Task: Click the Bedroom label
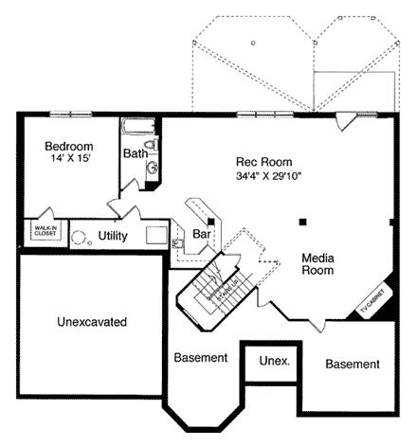69,146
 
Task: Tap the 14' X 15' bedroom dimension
69,160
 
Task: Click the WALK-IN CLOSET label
44,231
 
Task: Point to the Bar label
201,233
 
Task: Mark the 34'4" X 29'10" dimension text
269,176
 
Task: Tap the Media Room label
318,263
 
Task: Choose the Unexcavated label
92,321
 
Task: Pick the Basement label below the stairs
201,358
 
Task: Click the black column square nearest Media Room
301,223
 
